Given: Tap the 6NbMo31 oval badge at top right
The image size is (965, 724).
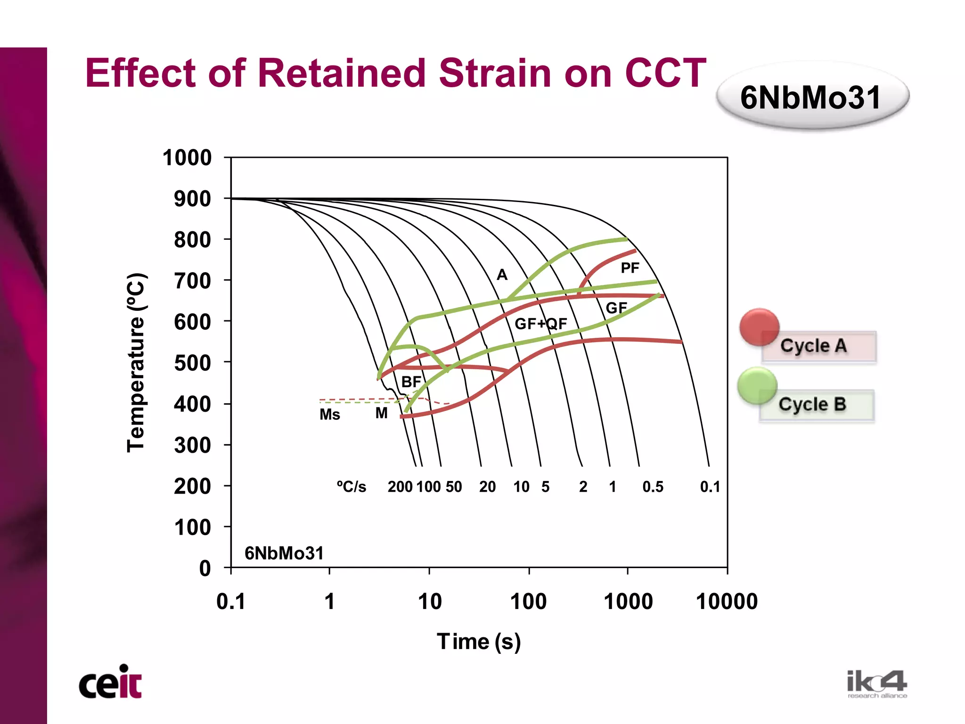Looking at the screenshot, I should tap(811, 98).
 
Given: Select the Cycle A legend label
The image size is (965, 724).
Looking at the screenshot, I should tap(814, 346).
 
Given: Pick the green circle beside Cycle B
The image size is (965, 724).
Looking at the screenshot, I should tap(757, 386).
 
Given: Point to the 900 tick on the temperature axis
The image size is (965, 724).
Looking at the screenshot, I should tap(192, 199).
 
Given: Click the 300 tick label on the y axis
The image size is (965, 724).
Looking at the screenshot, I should tap(192, 445).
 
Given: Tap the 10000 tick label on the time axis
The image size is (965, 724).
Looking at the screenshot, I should tap(727, 602).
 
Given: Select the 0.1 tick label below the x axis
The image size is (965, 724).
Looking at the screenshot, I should tap(231, 602).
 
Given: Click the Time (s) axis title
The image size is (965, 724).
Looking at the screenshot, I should tap(479, 642).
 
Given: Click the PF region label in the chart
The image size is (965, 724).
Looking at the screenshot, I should tap(630, 268).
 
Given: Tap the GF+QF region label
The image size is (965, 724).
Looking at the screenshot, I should tap(540, 324).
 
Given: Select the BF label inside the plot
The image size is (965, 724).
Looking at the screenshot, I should tap(411, 382).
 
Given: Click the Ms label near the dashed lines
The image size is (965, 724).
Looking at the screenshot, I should tap(329, 415).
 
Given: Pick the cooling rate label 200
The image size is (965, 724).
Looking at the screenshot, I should tap(400, 487).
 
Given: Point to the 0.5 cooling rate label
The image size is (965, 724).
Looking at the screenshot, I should tap(653, 487).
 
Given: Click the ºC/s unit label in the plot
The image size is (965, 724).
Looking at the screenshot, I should tap(351, 487).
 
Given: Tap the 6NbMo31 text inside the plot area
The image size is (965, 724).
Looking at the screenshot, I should tap(284, 553).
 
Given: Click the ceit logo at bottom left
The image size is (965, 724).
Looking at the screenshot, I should tap(110, 683).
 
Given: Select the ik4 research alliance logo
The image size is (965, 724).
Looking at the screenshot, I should tap(876, 684).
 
